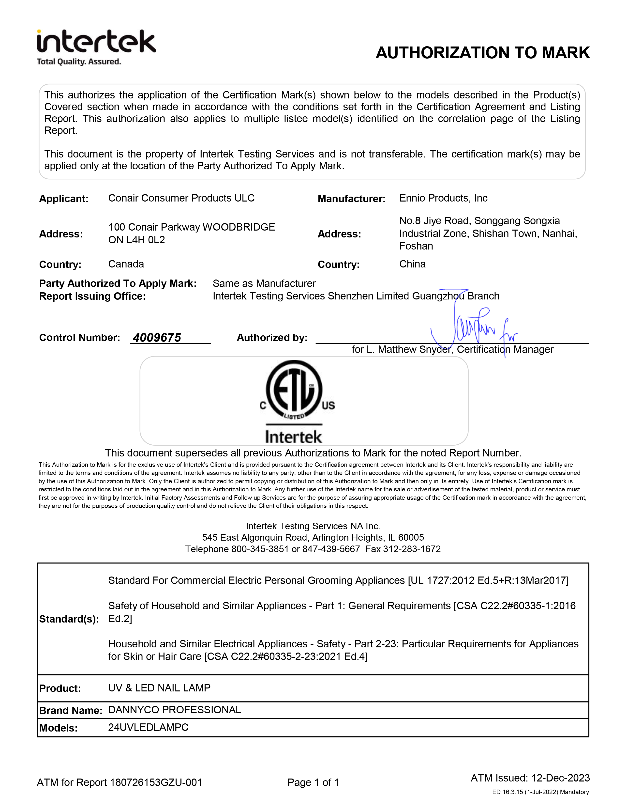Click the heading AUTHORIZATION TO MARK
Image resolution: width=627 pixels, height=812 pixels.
482,53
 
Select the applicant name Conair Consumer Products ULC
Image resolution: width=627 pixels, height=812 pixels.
181,198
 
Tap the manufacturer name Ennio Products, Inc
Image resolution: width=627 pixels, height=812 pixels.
443,198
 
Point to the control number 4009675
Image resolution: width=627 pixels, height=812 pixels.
157,338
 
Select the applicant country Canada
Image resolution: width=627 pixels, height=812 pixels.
126,264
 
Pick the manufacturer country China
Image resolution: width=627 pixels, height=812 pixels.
412,264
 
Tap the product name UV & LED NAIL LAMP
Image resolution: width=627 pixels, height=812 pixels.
159,688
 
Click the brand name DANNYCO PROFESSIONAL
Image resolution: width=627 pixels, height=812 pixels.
175,710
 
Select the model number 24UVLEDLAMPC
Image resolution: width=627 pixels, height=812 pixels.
148,727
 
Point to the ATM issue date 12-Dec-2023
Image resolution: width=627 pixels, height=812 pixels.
561,778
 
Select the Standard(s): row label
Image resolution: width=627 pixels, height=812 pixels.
69,619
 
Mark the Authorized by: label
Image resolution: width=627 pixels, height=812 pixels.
272,338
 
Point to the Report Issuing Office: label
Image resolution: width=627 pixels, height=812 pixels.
92,296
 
